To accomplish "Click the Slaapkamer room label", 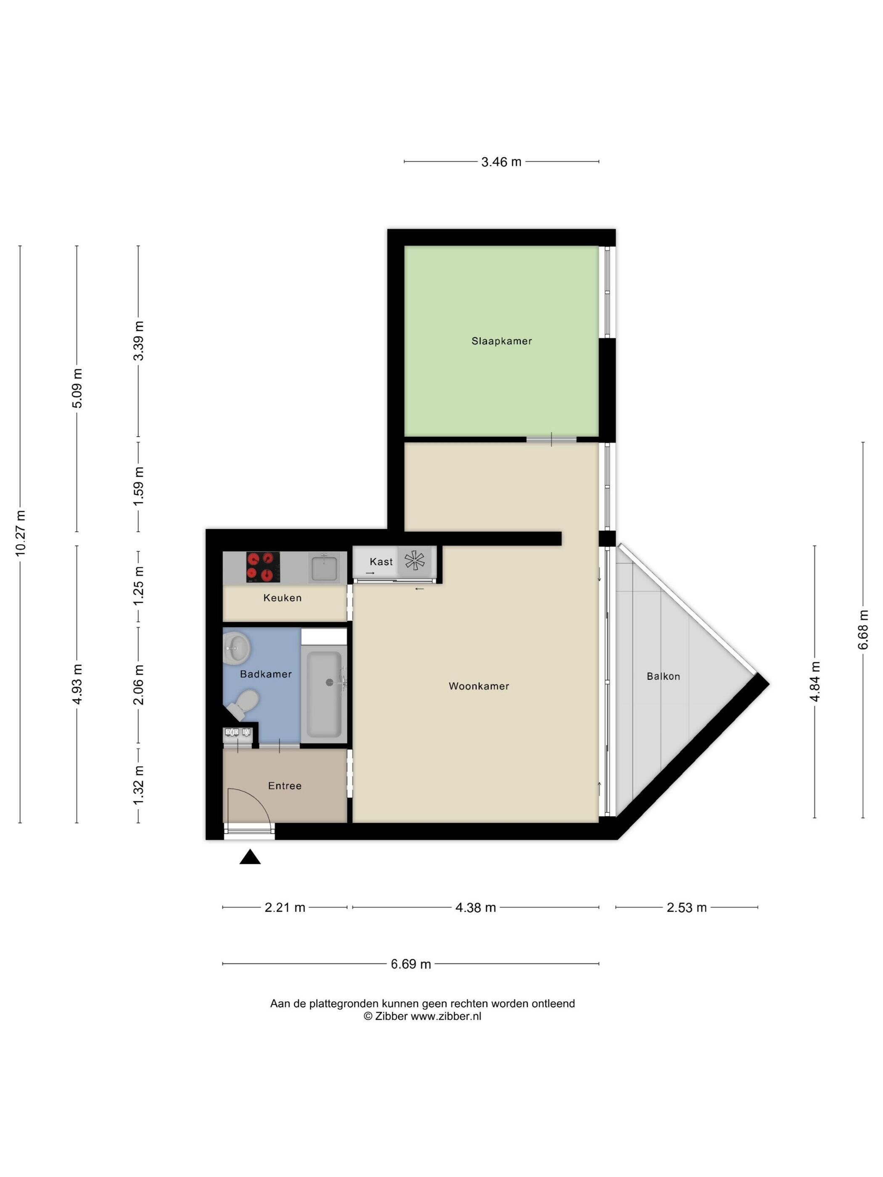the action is (x=501, y=341).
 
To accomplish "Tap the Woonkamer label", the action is (x=479, y=686).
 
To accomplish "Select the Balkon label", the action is (x=663, y=676).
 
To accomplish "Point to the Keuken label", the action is (x=282, y=598).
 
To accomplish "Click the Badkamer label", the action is (x=266, y=674).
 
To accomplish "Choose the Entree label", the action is (x=285, y=786).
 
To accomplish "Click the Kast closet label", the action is (x=381, y=561).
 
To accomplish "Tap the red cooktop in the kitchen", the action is (x=263, y=567).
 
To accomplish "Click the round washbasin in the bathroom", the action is (x=236, y=648).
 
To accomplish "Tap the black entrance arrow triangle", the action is (x=250, y=857).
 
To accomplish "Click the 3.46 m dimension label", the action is (x=501, y=162).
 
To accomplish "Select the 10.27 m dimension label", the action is (x=20, y=533).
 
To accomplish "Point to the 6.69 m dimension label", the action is (x=411, y=964).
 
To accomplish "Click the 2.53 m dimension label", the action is (x=687, y=908).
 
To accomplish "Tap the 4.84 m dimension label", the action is (x=815, y=682).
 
